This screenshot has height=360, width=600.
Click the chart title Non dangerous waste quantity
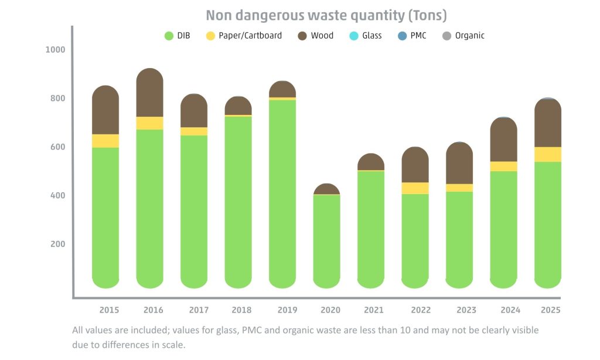tap(326, 15)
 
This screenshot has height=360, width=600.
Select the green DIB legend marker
tap(168, 36)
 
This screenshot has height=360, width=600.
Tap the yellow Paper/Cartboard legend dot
tap(210, 36)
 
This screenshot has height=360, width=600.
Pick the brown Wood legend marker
tap(302, 36)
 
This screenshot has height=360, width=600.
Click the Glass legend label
tap(371, 36)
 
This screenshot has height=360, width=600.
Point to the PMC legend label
tap(418, 36)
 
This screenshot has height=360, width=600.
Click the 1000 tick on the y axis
tap(56, 49)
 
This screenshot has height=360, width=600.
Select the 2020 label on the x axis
tap(330, 310)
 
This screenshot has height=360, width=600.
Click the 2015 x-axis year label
tap(109, 310)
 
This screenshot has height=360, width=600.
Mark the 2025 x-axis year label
tap(551, 310)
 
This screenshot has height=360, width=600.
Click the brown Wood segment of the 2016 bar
tap(149, 94)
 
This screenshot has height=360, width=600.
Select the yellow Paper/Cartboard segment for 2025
tap(548, 154)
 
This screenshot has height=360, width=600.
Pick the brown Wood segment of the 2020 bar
tap(327, 189)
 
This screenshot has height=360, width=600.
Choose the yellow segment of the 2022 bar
tap(415, 188)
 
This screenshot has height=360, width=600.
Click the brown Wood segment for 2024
tap(503, 141)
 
